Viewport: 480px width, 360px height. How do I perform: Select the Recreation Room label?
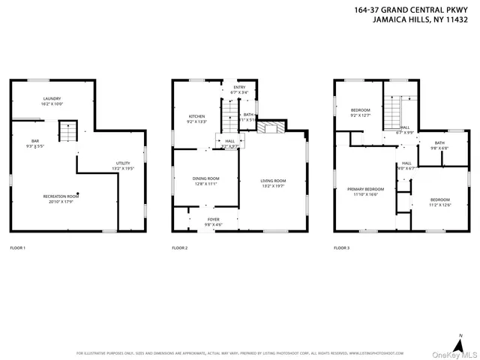point(60,199)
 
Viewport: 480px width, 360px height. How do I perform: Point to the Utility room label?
point(122,166)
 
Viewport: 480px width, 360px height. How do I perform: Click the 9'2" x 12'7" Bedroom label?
point(360,113)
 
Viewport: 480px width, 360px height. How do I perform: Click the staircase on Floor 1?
point(68,133)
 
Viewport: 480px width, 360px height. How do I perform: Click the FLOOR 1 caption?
point(17,247)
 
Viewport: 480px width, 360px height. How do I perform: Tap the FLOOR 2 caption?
point(179,247)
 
